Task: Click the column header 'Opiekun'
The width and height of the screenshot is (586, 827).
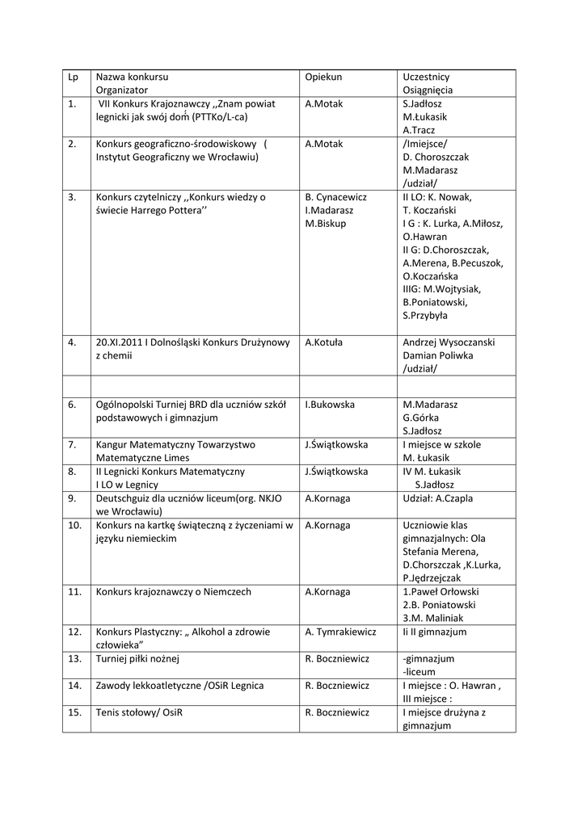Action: (323, 77)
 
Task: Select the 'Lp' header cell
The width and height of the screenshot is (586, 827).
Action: (74, 77)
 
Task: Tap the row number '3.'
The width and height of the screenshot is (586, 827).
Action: (73, 196)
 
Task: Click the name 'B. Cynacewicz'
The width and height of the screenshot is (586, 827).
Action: (336, 196)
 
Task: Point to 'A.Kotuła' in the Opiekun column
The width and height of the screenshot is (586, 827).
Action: (323, 342)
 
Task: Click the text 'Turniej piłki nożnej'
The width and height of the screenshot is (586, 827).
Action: (137, 658)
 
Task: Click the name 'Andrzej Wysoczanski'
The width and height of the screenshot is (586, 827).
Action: (449, 342)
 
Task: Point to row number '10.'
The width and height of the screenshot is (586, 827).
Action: (75, 526)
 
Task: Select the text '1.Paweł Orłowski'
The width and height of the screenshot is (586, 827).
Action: (441, 591)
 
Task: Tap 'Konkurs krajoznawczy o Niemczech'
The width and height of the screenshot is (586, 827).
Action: (173, 591)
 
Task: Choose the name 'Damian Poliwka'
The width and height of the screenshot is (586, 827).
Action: (437, 355)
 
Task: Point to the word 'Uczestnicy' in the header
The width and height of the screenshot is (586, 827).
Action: (426, 77)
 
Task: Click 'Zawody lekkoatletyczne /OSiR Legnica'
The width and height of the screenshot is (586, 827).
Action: (179, 686)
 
